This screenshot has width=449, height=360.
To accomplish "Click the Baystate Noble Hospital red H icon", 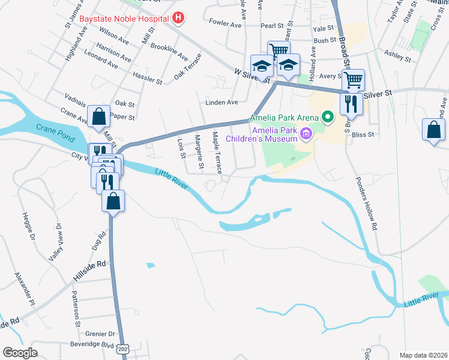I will coord(178,19).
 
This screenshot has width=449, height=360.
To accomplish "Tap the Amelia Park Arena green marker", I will coord(328,116).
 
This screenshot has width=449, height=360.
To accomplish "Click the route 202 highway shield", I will coord(124,349).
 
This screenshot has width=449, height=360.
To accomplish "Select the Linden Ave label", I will coord(222,103).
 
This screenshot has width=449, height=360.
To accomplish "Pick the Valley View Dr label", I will coord(55,242).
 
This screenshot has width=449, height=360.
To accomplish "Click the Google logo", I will coord(20,353).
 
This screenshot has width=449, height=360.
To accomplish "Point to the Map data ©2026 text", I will coord(423,355).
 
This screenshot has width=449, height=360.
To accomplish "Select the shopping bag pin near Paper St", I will coord(98,117).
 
